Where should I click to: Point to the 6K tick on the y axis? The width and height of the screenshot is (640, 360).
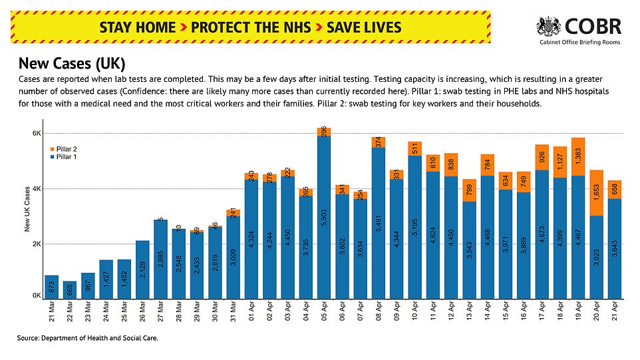pyautogui.click(x=37, y=134)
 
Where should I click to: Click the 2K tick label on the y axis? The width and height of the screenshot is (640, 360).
pyautogui.click(x=37, y=244)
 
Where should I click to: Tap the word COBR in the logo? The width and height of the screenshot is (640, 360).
pyautogui.click(x=594, y=26)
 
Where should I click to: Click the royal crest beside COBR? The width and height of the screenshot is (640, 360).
pyautogui.click(x=549, y=27)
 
